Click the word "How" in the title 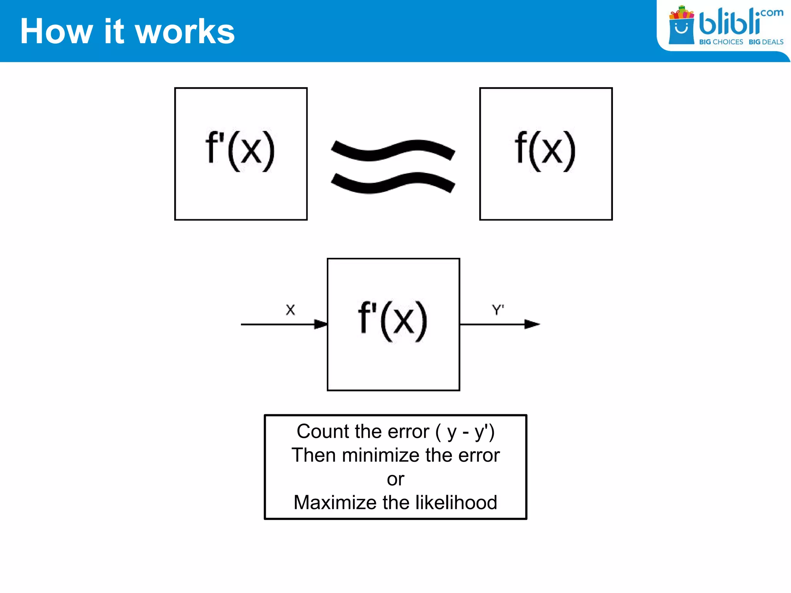pyautogui.click(x=56, y=31)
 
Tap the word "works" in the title pyautogui.click(x=185, y=31)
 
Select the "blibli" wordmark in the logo pyautogui.click(x=729, y=22)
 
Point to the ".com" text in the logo pyautogui.click(x=770, y=13)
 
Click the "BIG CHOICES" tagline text pyautogui.click(x=721, y=42)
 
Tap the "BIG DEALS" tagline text pyautogui.click(x=766, y=42)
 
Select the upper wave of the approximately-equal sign pyautogui.click(x=393, y=150)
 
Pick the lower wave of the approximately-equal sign pyautogui.click(x=393, y=183)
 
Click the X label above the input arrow pyautogui.click(x=290, y=310)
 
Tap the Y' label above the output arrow pyautogui.click(x=498, y=310)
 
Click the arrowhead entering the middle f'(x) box pyautogui.click(x=321, y=324)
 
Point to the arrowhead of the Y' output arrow pyautogui.click(x=532, y=324)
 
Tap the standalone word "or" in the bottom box pyautogui.click(x=395, y=479)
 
